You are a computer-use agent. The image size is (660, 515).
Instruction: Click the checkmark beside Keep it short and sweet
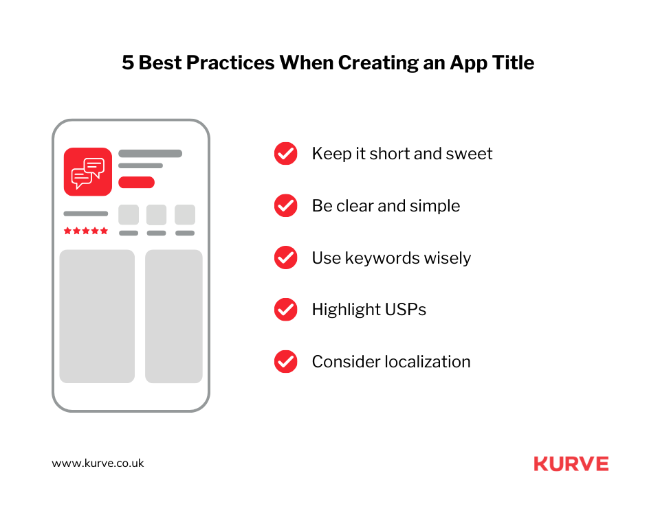285,154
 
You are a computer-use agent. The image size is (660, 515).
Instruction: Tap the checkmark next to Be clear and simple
285,206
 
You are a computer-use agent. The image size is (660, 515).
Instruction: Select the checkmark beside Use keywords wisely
285,258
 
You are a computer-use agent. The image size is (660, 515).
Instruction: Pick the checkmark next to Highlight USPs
285,310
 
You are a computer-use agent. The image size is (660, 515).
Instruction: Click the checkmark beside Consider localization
285,362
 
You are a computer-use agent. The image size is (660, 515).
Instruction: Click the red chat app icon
88,172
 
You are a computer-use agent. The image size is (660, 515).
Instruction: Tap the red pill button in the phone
136,182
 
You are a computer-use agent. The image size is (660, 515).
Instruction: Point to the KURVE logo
571,464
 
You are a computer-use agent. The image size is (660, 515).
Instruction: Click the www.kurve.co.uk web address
98,463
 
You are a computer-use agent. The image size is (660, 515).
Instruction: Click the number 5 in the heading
128,63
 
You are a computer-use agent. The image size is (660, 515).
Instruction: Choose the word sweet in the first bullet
470,154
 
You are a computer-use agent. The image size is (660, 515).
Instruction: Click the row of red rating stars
86,231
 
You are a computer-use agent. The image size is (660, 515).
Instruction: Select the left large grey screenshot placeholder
97,316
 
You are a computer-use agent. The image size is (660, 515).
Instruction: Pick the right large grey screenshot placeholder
173,316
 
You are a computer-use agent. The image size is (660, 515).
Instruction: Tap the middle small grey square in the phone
156,215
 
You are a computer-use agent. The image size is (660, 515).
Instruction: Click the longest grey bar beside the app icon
150,154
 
